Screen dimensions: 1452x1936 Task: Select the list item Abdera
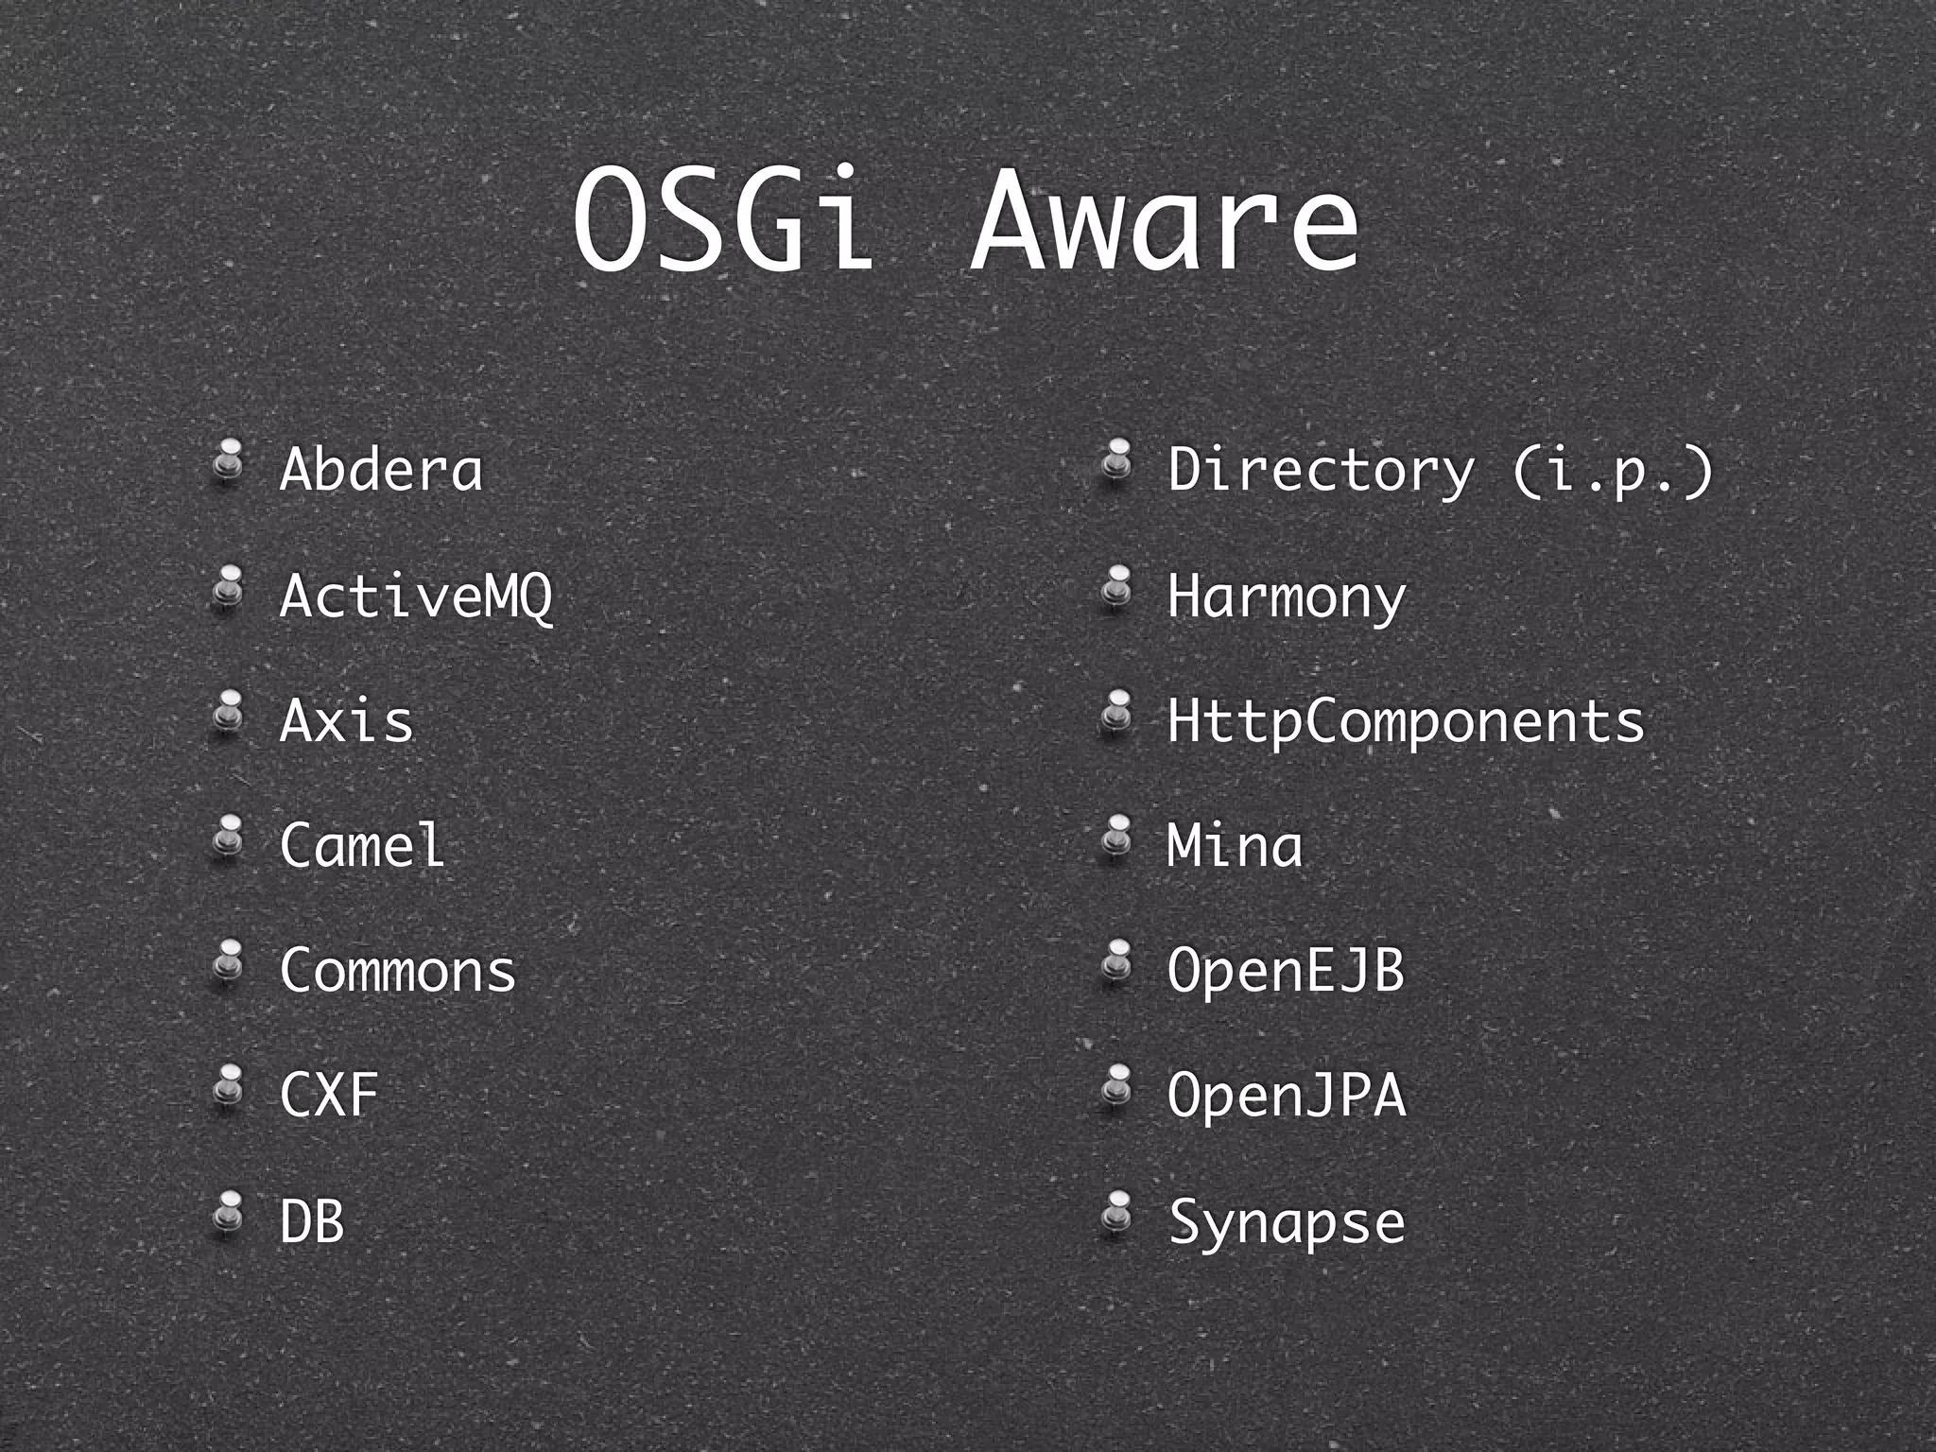[381, 469]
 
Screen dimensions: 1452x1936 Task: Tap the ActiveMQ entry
[416, 596]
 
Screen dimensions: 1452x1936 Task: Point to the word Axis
[347, 720]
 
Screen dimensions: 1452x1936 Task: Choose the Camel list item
[362, 844]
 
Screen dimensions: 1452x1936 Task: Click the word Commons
[398, 970]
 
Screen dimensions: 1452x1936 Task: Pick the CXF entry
[329, 1095]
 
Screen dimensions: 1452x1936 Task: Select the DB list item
[312, 1220]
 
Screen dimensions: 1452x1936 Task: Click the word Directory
[1321, 469]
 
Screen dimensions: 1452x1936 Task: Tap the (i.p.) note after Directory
[1613, 469]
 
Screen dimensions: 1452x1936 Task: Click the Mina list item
[1235, 844]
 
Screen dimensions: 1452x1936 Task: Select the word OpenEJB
[1286, 970]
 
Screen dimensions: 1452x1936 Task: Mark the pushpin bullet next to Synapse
[1117, 1213]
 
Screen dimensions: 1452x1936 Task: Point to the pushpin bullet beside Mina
[1117, 838]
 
